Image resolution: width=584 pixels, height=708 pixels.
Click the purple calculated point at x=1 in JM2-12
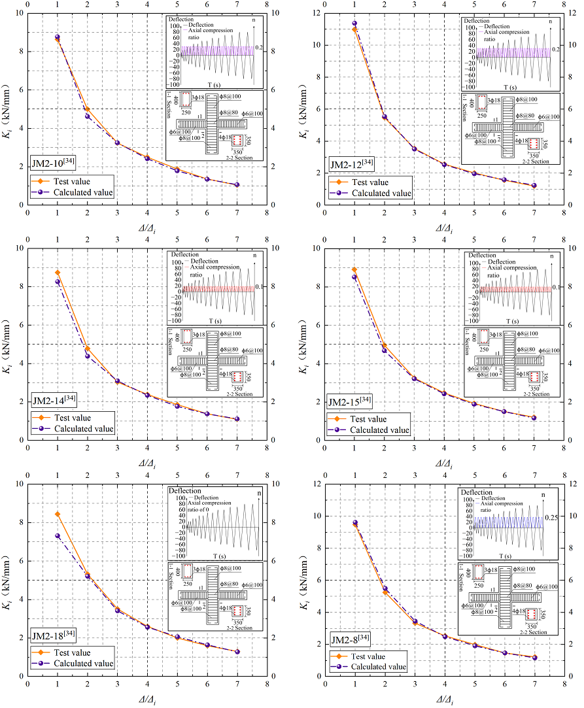354,24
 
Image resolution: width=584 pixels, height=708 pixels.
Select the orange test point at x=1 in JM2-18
58,514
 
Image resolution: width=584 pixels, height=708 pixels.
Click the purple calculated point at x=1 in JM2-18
58,536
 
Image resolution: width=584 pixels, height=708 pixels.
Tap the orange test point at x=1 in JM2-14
58,273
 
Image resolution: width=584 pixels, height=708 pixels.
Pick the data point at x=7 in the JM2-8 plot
534,657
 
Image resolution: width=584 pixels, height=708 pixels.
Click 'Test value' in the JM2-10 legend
72,181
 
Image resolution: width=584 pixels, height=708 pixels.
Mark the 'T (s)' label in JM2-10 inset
214,85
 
